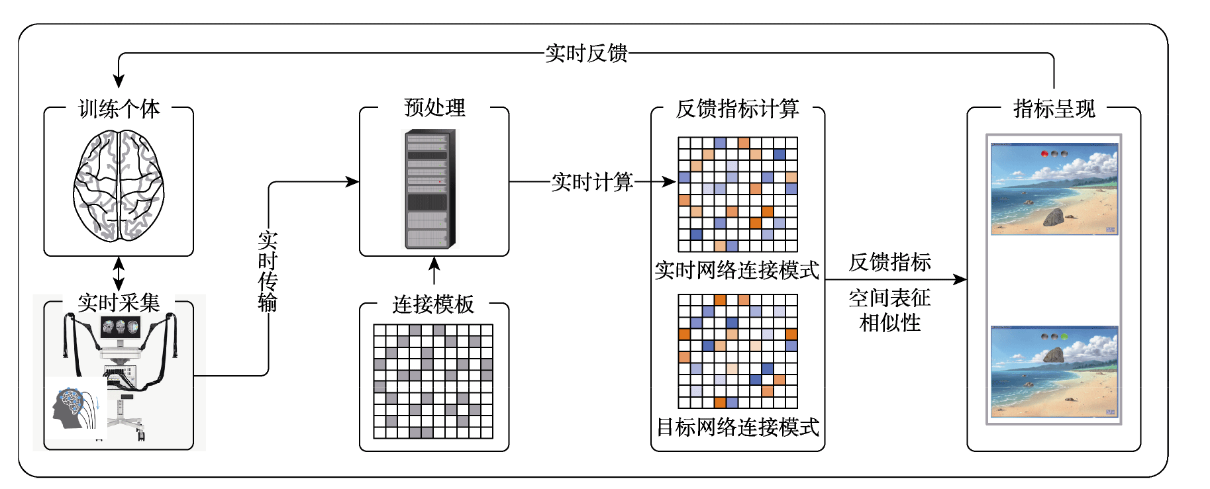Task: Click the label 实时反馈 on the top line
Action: pos(586,53)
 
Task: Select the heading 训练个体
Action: pos(119,109)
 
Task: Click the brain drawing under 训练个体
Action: pos(119,185)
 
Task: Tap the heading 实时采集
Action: pos(119,303)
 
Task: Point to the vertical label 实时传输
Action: pos(268,271)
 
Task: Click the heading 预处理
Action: pos(434,107)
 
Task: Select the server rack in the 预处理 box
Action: pos(430,189)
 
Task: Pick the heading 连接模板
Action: pos(433,304)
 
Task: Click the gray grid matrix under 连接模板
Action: pos(433,381)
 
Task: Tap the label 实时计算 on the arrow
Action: pos(592,182)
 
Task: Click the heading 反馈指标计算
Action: pos(738,109)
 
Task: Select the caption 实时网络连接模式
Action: pos(737,270)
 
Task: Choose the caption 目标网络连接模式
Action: pos(738,427)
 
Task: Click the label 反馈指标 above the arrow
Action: pos(890,262)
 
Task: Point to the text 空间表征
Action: pos(890,298)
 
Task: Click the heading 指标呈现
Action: pos(1054,109)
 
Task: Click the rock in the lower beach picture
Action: pos(1054,355)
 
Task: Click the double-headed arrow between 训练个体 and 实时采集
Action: pos(119,273)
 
